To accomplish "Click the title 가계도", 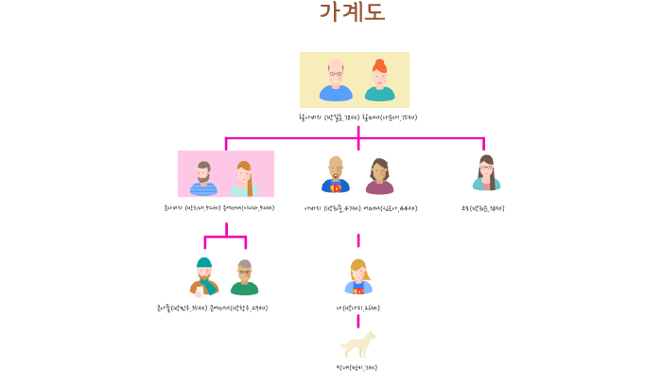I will tap(352, 13).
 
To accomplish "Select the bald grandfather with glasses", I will tap(336, 80).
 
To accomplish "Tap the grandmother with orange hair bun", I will tap(379, 80).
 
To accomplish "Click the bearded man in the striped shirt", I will tap(203, 177).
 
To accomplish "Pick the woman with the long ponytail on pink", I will tap(244, 178).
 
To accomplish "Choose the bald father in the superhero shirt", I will tap(336, 175).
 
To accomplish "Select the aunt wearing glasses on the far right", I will tap(486, 174).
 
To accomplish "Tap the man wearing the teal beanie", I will tap(204, 276).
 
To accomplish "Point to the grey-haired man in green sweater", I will tap(245, 277).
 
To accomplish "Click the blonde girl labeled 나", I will tap(358, 277).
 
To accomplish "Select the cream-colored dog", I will tap(358, 344).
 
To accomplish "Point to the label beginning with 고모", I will tap(482, 207).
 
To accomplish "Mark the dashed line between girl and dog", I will tap(357, 321).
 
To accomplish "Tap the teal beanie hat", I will tap(204, 262).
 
